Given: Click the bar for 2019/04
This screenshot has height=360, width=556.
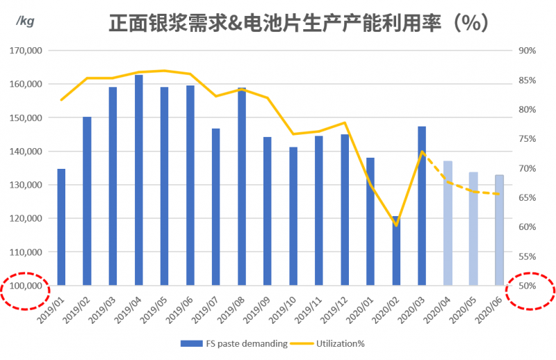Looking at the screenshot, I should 139,180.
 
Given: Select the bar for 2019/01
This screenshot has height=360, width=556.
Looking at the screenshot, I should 61,227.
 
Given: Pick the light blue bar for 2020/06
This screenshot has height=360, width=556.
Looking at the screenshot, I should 499,230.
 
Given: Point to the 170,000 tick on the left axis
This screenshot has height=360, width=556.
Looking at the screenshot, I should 26,51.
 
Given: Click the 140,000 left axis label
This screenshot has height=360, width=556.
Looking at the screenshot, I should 26,152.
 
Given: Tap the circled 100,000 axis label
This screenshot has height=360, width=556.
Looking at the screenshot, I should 26,286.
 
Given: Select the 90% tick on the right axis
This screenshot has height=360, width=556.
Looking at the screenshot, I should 526,51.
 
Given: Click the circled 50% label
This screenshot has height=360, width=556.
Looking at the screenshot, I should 526,286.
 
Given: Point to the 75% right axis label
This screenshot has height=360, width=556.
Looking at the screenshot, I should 526,139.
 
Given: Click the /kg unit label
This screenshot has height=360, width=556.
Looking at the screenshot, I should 26,22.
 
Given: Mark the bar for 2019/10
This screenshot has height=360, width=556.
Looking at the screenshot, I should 293,216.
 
